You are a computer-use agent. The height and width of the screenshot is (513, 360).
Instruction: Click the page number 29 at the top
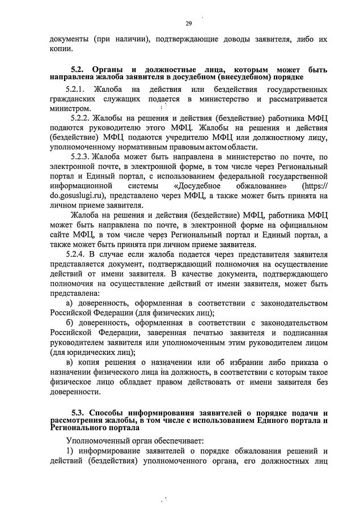(188, 23)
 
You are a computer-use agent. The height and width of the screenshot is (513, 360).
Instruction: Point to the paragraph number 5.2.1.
(74, 90)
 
